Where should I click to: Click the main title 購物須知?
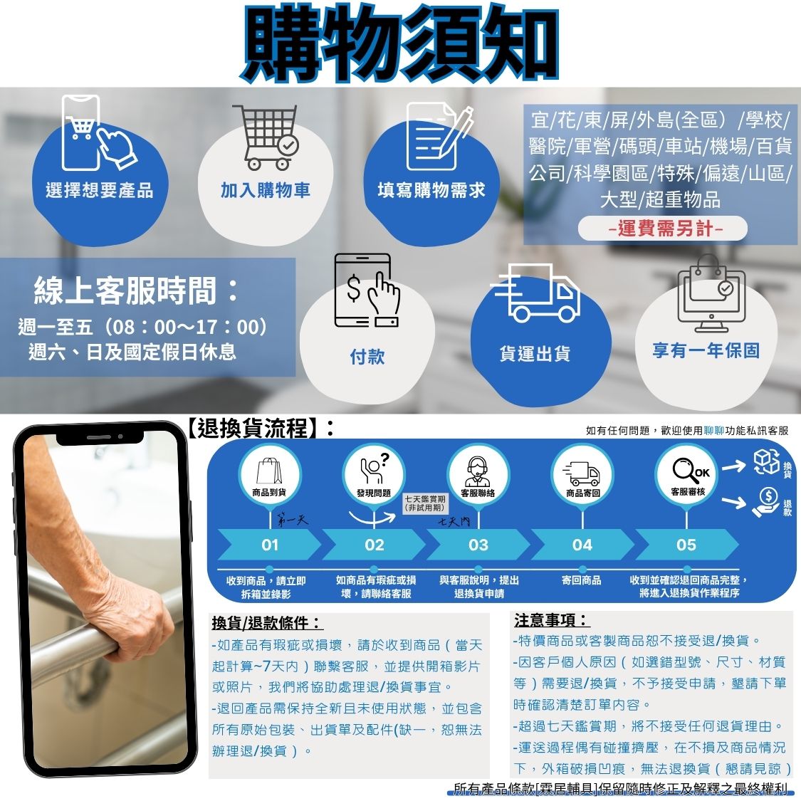[399, 43]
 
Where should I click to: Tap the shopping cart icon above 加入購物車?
[265, 137]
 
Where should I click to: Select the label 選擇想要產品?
[100, 190]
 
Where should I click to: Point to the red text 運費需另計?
[665, 229]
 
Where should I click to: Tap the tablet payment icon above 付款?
[366, 290]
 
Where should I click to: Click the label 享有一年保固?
[706, 350]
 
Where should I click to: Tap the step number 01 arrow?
[269, 545]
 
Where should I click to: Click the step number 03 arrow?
[478, 545]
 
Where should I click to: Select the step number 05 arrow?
[686, 545]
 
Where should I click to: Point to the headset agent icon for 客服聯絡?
[478, 471]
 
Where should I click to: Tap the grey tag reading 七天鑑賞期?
[424, 503]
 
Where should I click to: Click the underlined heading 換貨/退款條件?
[267, 623]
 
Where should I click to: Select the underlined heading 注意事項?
[551, 620]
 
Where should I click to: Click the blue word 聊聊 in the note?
[713, 431]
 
